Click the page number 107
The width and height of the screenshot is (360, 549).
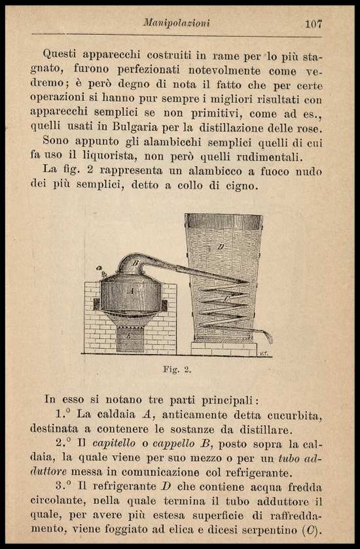tap(313, 24)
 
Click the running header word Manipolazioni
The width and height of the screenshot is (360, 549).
tap(177, 23)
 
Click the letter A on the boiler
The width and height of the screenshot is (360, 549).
tap(132, 290)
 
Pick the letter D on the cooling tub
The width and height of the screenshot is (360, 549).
tap(221, 247)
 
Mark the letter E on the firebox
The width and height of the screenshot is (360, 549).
tap(129, 337)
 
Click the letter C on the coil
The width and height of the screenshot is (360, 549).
tap(226, 299)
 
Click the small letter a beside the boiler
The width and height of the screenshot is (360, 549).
tap(99, 268)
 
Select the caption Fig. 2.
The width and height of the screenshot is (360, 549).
tap(177, 370)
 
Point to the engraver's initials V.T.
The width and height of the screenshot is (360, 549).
tap(264, 353)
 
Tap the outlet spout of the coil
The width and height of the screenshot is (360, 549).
tap(269, 337)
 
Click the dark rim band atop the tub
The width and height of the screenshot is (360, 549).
tap(223, 221)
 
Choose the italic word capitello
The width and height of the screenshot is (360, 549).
tap(114, 444)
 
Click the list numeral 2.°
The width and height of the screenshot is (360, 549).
tap(63, 443)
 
